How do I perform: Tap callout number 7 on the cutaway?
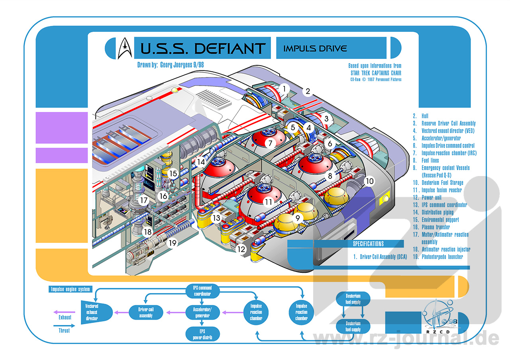coord(270,143)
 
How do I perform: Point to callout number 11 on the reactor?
coord(269,202)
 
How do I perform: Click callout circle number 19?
coord(172,242)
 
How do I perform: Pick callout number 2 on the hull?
coord(308,92)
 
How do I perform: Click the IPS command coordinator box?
coord(203,291)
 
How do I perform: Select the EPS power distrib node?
coord(203,334)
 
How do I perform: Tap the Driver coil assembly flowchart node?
coord(146,312)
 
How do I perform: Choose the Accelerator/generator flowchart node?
coord(203,312)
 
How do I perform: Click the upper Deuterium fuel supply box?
coord(353,299)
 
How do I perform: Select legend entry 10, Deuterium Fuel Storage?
coord(442,183)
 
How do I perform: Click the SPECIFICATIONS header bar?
coord(368,244)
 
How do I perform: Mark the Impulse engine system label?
coord(70,289)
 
